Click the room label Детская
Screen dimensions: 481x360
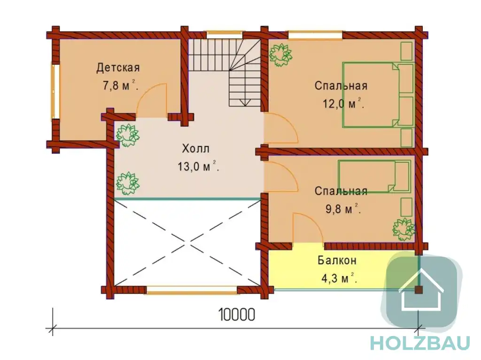pyautogui.click(x=118, y=68)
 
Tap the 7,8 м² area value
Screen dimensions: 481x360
pyautogui.click(x=120, y=85)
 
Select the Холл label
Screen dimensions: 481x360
pyautogui.click(x=196, y=149)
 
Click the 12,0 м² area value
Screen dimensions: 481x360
pyautogui.click(x=343, y=104)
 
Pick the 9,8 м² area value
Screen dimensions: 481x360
pyautogui.click(x=343, y=209)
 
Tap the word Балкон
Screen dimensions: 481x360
pyautogui.click(x=337, y=260)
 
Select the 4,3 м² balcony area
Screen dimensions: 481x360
pyautogui.click(x=339, y=278)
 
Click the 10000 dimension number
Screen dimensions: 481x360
pyautogui.click(x=237, y=314)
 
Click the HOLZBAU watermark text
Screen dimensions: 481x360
pyautogui.click(x=420, y=343)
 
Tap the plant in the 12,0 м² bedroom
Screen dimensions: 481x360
pyautogui.click(x=280, y=55)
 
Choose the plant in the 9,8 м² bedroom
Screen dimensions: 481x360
pyautogui.click(x=404, y=229)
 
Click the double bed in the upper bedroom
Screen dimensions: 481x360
pyautogui.click(x=378, y=95)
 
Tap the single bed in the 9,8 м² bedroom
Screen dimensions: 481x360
pyautogui.click(x=374, y=176)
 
